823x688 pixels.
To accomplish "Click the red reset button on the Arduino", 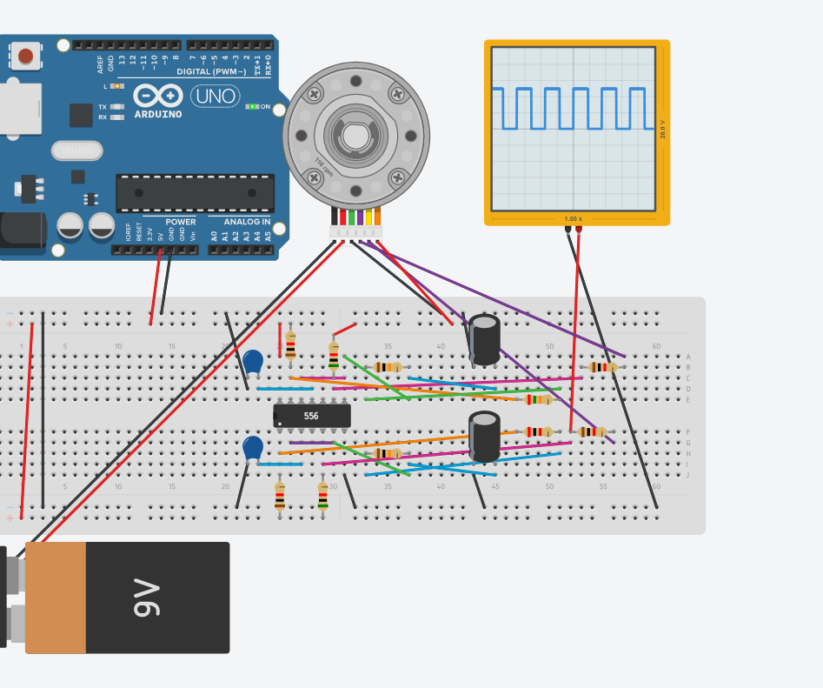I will (26, 57).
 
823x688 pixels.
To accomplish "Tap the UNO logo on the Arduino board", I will (215, 96).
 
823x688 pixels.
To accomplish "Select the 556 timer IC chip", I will (311, 416).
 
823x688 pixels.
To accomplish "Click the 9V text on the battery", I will (148, 598).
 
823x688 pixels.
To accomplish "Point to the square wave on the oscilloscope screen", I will (569, 108).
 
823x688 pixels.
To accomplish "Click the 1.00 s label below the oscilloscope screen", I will (573, 218).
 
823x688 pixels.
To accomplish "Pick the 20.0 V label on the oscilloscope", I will (663, 129).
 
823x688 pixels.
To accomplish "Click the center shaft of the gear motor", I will (355, 137).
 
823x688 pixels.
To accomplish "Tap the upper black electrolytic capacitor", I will (484, 340).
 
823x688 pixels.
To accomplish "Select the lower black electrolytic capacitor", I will (484, 437).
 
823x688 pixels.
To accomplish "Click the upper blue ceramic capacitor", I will (254, 362).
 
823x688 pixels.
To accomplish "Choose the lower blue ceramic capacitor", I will (253, 448).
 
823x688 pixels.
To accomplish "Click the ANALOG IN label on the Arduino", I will (241, 222).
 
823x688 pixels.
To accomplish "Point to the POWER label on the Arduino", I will (180, 222).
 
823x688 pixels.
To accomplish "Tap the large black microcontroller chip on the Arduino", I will (195, 193).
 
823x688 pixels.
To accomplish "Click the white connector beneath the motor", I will (355, 233).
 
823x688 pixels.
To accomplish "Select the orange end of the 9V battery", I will (56, 598).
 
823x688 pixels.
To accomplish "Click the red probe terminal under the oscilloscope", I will (579, 230).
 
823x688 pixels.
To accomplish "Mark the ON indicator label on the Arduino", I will (266, 107).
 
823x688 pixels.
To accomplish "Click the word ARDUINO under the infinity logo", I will (158, 114).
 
